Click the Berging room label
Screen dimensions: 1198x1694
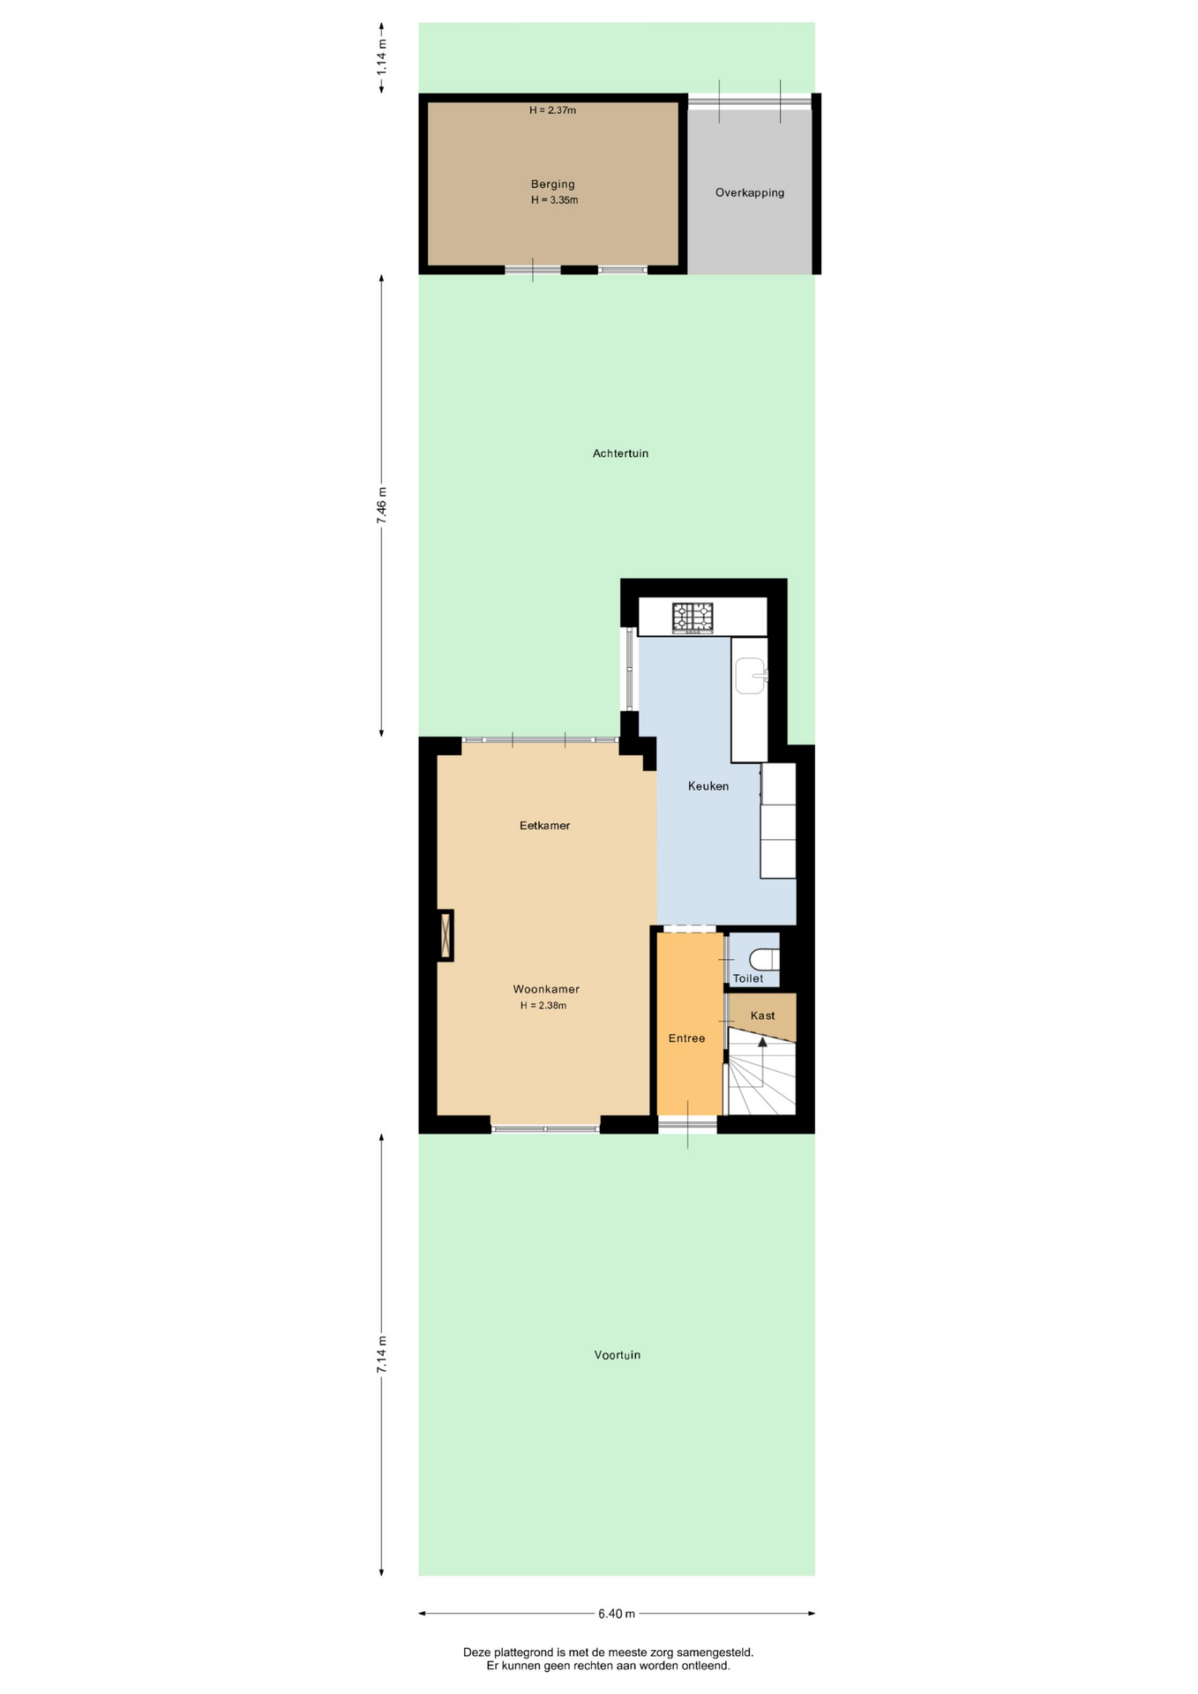coord(552,184)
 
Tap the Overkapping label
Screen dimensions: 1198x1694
coord(750,192)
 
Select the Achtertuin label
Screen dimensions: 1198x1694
coord(620,453)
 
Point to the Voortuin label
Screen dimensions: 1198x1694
coord(618,1355)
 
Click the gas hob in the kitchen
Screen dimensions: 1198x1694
coord(693,618)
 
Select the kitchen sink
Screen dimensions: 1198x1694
coord(750,676)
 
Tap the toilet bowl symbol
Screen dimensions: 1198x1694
coord(764,959)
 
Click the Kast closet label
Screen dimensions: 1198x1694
coord(763,1016)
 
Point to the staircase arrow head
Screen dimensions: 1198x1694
coord(763,1041)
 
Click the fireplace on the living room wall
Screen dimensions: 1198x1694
coord(446,935)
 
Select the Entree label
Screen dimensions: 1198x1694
coord(686,1038)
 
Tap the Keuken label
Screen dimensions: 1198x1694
coord(708,786)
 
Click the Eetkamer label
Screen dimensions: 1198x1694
coord(545,826)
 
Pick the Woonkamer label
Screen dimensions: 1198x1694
coord(546,989)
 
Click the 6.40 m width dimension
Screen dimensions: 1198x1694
coord(617,1614)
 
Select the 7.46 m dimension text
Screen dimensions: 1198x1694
coord(382,506)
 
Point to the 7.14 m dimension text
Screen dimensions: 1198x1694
coord(382,1354)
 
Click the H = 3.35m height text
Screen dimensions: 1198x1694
coord(554,200)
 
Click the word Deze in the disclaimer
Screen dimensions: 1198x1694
coord(477,1653)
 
